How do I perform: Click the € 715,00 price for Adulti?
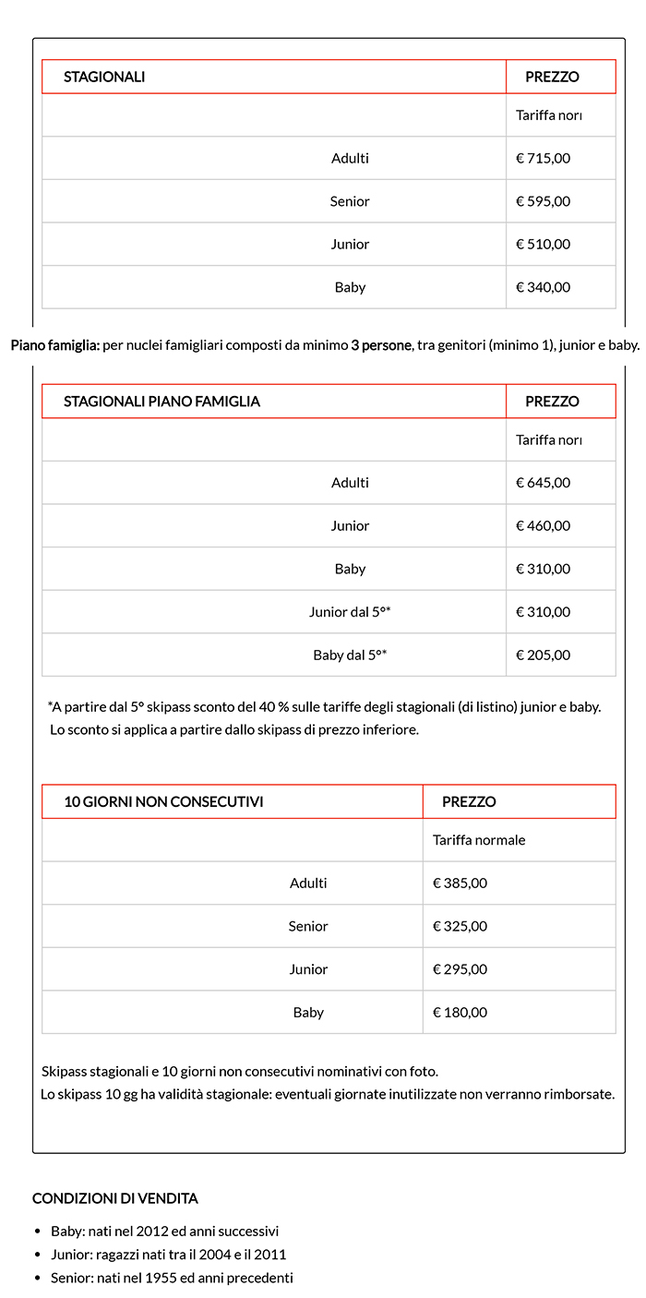(x=543, y=158)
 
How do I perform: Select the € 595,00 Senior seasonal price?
(x=543, y=201)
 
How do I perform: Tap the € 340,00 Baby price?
(x=543, y=287)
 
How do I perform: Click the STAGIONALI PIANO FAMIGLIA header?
(x=161, y=402)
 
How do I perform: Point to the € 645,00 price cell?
(x=543, y=482)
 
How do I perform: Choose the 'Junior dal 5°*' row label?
(x=350, y=612)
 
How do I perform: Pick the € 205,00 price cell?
(x=543, y=655)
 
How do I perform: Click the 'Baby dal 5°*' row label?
(x=350, y=655)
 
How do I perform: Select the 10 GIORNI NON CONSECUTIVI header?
(x=163, y=801)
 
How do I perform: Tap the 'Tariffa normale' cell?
(x=479, y=840)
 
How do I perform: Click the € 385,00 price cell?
(x=460, y=883)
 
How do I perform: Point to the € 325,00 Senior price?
(x=460, y=926)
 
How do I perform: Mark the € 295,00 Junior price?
(x=460, y=969)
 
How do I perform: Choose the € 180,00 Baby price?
(x=460, y=1012)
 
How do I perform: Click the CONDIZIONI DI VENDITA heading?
(x=114, y=1198)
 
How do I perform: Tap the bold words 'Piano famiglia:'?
(x=54, y=346)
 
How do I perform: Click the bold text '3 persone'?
(x=381, y=346)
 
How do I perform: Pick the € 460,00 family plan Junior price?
(x=543, y=525)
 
